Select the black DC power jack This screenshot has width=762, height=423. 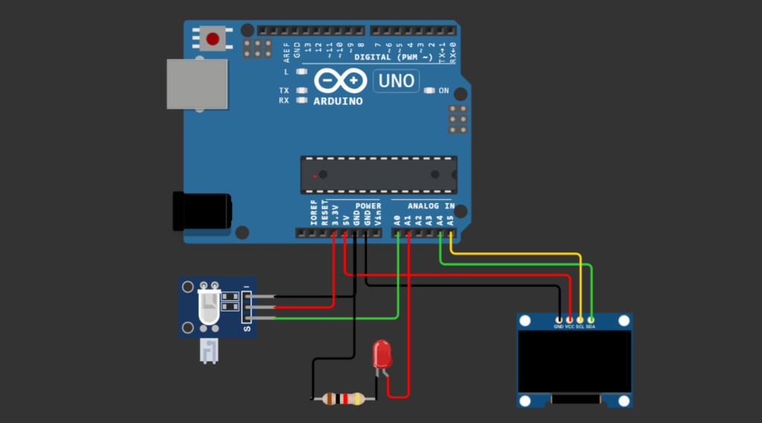click(201, 211)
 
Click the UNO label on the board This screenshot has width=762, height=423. click(396, 80)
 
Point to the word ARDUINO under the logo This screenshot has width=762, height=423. click(339, 100)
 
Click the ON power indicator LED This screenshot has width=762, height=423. click(429, 91)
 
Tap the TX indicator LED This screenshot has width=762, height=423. click(301, 91)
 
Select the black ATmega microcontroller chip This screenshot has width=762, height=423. click(378, 175)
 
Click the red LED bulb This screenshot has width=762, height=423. click(382, 354)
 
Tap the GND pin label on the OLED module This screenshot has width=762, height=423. click(559, 326)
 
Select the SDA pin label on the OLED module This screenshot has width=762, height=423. click(591, 326)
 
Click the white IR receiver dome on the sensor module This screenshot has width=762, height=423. click(208, 306)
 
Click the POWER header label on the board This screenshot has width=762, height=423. click(368, 206)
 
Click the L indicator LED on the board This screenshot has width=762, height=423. click(301, 72)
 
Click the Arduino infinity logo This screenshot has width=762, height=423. click(339, 80)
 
